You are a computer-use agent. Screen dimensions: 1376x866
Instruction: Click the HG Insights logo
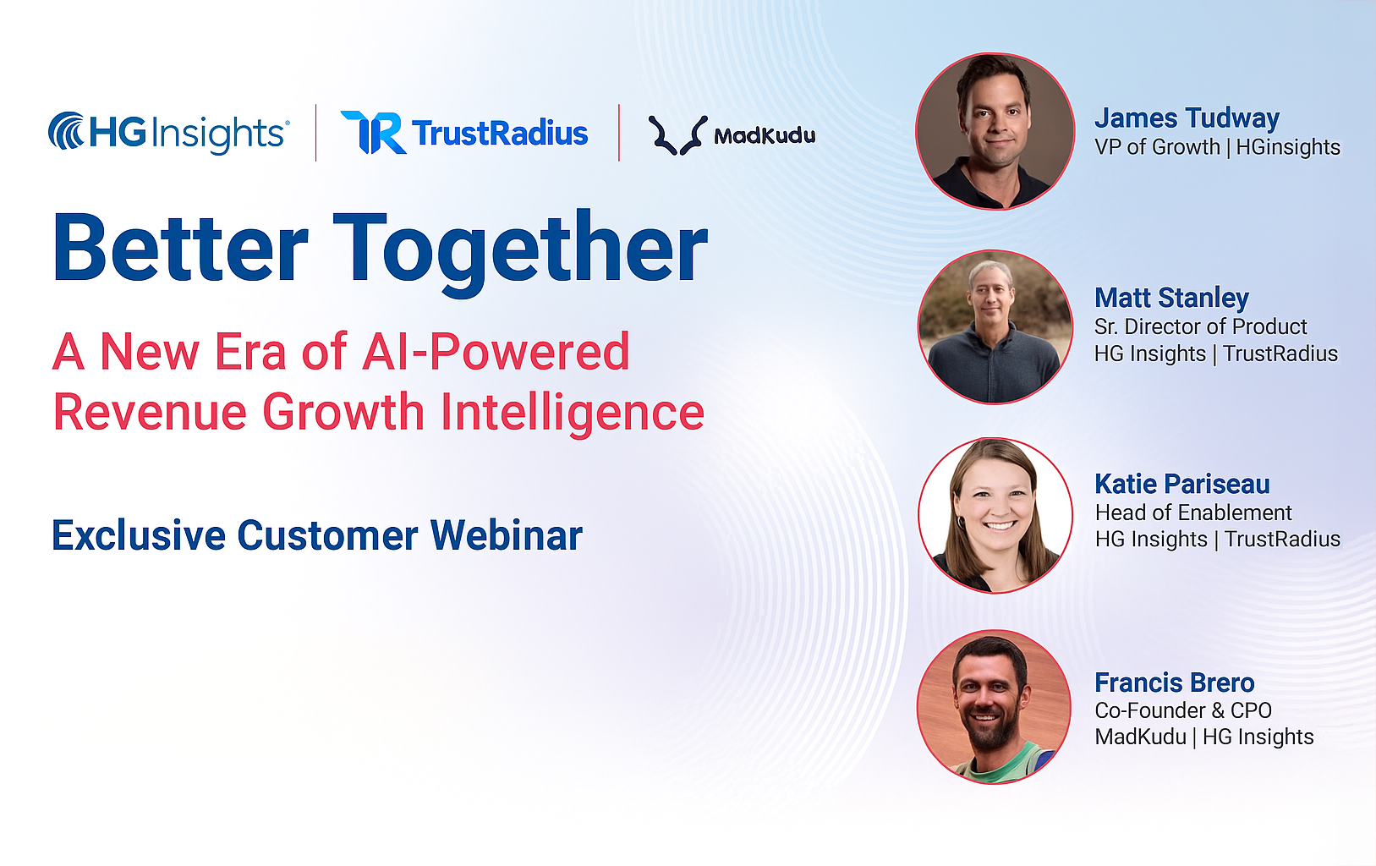click(168, 132)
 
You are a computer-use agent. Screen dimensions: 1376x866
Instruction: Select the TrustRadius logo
click(464, 132)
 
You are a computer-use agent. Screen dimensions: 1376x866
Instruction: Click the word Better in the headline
click(181, 248)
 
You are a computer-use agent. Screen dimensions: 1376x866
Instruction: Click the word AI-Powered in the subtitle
click(496, 352)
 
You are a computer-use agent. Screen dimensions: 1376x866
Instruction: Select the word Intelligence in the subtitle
click(573, 413)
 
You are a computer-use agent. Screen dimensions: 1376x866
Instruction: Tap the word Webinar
click(507, 535)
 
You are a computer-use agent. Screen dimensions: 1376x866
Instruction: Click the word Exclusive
click(138, 535)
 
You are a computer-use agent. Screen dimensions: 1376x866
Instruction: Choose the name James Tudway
click(1187, 118)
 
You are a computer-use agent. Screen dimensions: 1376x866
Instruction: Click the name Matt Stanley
click(1171, 298)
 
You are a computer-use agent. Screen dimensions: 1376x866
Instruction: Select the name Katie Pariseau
click(1181, 484)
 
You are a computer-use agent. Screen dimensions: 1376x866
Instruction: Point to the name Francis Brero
click(1175, 682)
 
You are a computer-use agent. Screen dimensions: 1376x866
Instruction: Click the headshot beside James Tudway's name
click(995, 131)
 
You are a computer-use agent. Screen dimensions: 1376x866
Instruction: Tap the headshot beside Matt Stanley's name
click(995, 326)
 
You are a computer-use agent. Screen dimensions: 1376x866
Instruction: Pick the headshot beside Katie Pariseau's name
click(995, 515)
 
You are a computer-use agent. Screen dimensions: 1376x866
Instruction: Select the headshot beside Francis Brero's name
click(994, 707)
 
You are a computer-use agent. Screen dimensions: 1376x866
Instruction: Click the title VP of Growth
click(1157, 147)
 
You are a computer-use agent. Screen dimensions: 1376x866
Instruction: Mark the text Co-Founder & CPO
click(1183, 710)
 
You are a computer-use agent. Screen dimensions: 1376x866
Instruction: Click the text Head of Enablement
click(1193, 512)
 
